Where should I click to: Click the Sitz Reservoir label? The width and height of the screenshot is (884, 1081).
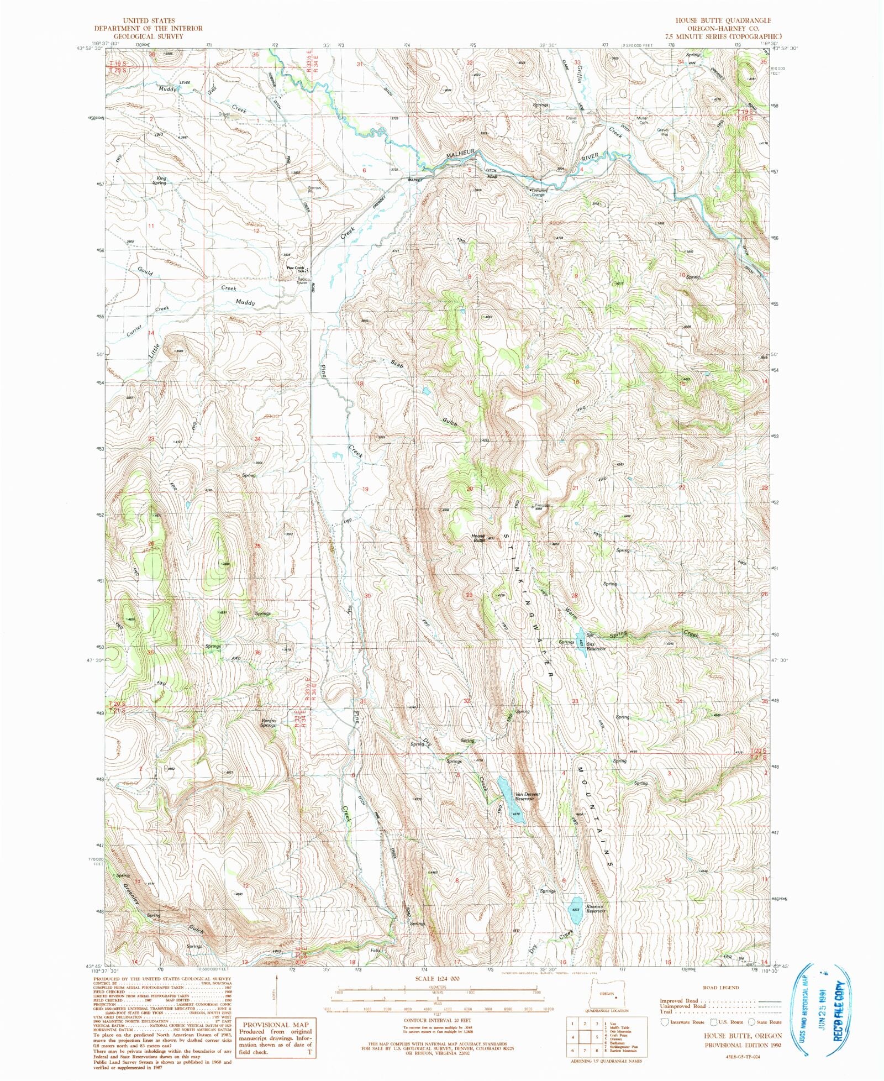click(x=596, y=646)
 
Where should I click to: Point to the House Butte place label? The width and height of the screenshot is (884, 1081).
click(x=478, y=537)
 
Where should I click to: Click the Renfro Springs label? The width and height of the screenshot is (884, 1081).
click(x=268, y=723)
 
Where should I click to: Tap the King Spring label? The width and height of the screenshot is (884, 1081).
click(x=160, y=180)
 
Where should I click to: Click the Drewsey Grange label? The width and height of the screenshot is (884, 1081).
click(x=538, y=192)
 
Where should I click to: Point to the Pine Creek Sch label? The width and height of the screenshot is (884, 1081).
click(x=296, y=269)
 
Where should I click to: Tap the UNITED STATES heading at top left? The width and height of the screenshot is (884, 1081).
click(x=148, y=20)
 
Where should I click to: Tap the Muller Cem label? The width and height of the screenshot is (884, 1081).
click(x=642, y=120)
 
